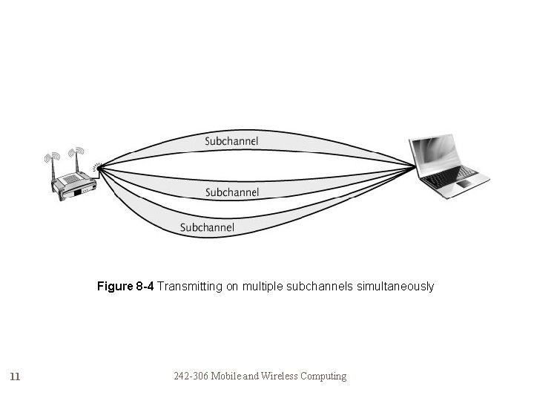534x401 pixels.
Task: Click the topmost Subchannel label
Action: (232, 140)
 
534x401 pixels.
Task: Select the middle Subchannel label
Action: (232, 192)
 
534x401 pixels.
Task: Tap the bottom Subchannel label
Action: (207, 227)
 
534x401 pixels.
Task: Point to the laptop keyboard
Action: (452, 176)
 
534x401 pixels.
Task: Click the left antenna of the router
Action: (53, 168)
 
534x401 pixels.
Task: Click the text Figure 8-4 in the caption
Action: (125, 286)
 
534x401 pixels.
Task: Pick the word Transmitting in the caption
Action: (185, 286)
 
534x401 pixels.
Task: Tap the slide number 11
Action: (16, 376)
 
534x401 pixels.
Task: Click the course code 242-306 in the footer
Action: (191, 376)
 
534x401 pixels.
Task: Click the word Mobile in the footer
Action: (225, 376)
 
